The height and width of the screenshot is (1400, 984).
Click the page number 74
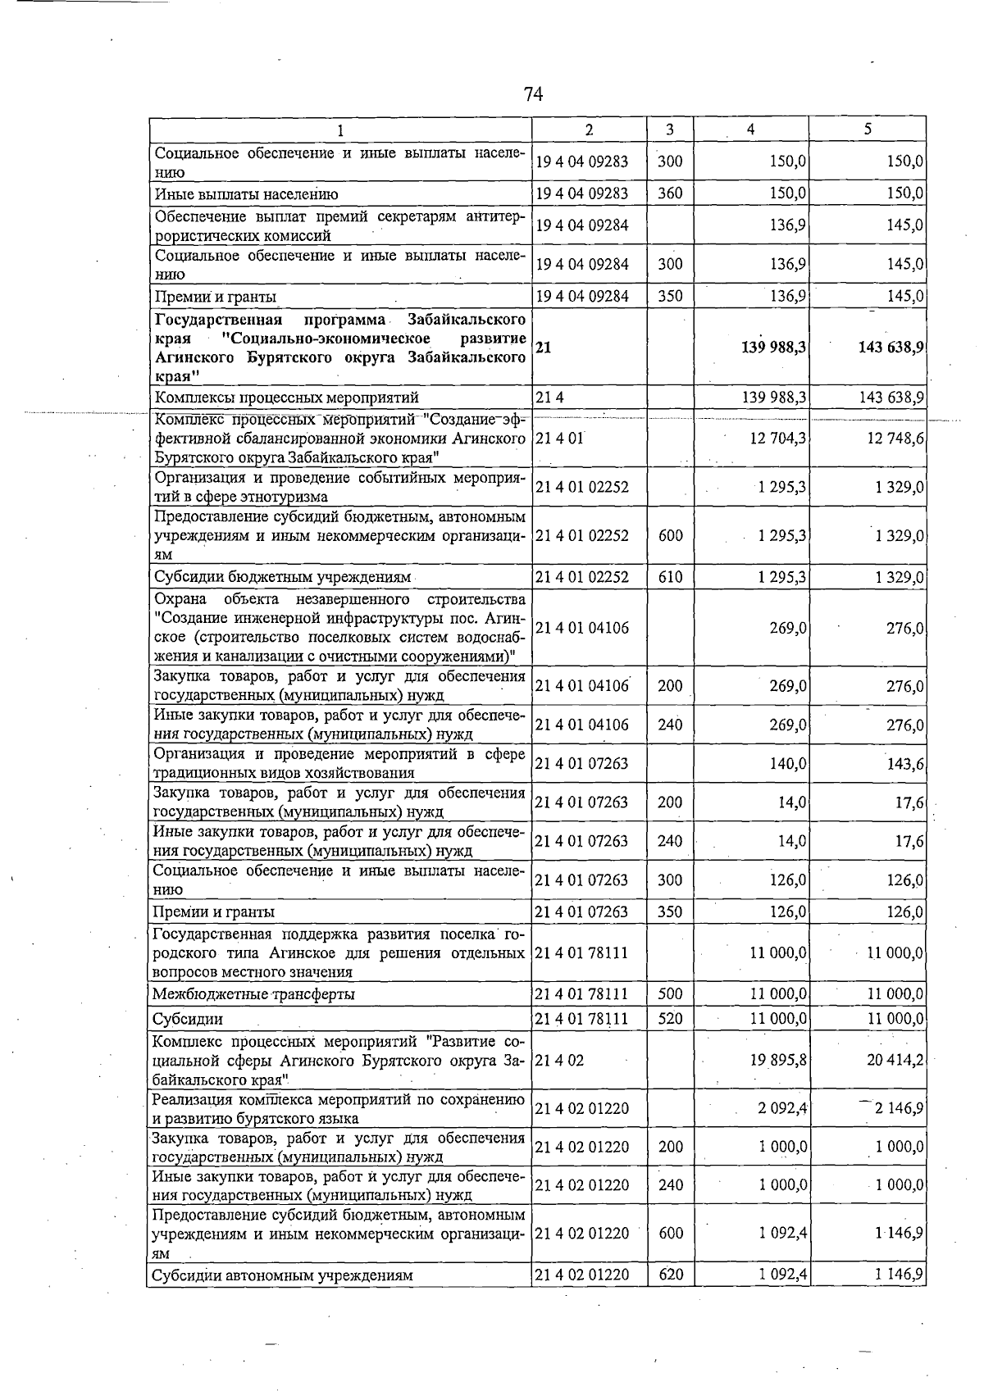[533, 95]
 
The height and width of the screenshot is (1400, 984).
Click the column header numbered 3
[670, 130]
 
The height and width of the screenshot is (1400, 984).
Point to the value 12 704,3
[777, 439]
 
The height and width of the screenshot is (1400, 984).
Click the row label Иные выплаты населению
[246, 194]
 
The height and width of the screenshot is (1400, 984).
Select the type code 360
[670, 194]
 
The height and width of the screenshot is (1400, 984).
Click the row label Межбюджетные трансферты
[253, 994]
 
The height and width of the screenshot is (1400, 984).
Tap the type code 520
[670, 1019]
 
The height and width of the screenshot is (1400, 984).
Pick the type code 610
[670, 577]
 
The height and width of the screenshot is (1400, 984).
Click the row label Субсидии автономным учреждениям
[283, 1275]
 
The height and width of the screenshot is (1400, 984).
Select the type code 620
[670, 1275]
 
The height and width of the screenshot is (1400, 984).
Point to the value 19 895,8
[777, 1060]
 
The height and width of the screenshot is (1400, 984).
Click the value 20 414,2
[895, 1060]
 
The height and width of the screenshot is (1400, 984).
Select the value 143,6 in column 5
[906, 764]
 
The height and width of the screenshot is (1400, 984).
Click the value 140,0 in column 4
[788, 764]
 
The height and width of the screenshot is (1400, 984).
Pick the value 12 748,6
[895, 439]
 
